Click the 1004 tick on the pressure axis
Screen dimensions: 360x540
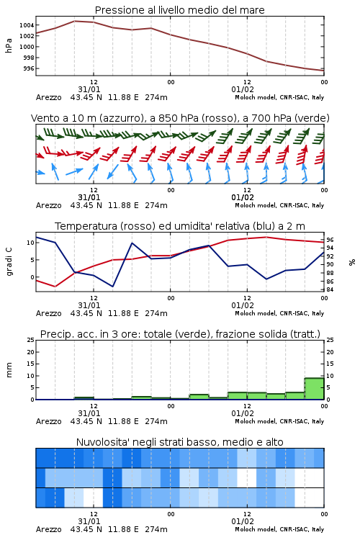[27, 25]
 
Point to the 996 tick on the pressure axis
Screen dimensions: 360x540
[29, 68]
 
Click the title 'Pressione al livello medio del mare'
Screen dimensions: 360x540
[180, 10]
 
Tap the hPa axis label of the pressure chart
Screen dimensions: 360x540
[9, 45]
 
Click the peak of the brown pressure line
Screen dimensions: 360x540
[74, 21]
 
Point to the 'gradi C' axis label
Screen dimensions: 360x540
[9, 262]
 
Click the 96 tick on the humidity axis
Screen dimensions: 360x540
[330, 240]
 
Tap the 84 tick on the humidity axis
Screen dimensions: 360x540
[330, 289]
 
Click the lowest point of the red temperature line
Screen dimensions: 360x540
[55, 287]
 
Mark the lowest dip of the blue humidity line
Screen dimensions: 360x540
[112, 287]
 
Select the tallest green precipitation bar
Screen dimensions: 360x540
[314, 389]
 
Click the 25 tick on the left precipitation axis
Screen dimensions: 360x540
[31, 340]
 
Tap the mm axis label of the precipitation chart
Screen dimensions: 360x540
[9, 370]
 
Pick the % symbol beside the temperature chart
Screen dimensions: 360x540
[352, 262]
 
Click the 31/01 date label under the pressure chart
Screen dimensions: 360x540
[89, 89]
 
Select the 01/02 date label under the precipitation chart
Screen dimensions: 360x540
[243, 413]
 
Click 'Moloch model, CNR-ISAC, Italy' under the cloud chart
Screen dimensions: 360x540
[279, 529]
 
